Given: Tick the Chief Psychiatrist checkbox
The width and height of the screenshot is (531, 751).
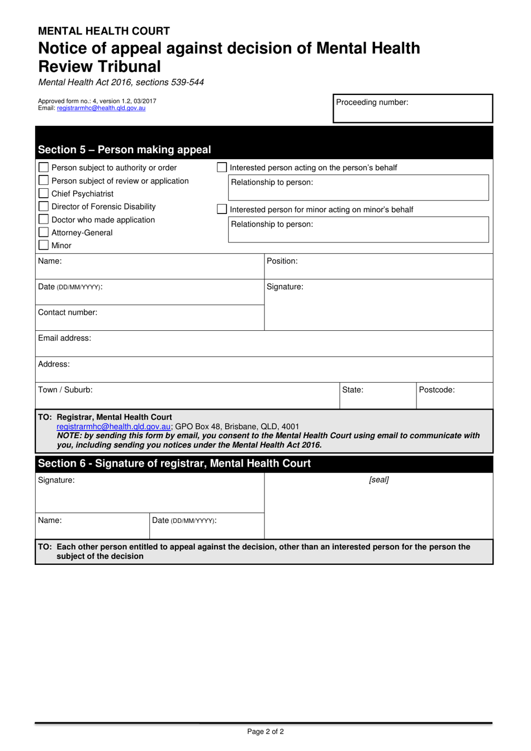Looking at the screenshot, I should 44,193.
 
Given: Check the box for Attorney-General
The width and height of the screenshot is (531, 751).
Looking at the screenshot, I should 44,232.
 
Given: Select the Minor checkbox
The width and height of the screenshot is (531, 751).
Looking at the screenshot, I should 44,245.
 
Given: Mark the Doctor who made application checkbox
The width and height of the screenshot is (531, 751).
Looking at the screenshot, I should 44,220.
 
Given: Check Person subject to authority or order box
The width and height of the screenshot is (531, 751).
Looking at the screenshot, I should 44,168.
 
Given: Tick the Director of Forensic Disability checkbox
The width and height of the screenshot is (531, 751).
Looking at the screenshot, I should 44,206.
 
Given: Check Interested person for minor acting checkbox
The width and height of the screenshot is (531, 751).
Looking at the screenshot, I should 222,209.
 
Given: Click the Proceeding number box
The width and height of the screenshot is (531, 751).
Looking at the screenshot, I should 413,108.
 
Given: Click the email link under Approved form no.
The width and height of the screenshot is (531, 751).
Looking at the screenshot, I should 101,108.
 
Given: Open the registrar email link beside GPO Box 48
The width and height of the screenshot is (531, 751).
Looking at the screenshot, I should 113,426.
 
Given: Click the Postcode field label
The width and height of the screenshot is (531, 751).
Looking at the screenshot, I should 437,390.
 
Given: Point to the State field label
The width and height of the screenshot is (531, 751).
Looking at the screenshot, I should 353,390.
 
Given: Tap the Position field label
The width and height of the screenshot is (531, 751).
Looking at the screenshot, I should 282,261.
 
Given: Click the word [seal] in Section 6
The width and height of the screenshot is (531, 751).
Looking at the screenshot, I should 378,479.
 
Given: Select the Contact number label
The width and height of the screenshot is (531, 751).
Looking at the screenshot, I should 68,312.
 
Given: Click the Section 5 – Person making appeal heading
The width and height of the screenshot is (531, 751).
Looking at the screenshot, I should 124,149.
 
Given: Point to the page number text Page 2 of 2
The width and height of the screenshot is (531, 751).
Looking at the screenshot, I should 265,731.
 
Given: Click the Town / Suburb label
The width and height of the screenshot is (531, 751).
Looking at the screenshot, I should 65,389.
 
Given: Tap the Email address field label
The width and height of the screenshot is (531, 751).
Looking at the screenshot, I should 64,338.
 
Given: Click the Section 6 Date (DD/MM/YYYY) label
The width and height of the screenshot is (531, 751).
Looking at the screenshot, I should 184,520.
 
